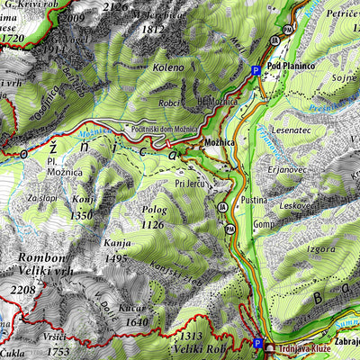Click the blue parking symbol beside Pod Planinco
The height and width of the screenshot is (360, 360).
coord(256,70)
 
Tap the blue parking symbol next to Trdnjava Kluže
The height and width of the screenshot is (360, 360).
coord(258,344)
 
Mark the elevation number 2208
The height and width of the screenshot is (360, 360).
coord(22,290)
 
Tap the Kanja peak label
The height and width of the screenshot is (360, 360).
coord(117,244)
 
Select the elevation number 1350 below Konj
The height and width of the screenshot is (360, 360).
coord(82,215)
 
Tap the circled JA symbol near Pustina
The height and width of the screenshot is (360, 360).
coord(222,207)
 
